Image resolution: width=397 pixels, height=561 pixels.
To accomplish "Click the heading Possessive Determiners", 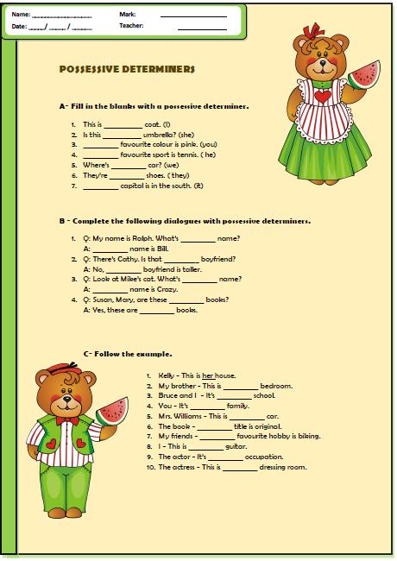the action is (x=126, y=68).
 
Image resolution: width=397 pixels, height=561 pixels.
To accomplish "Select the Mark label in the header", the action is (x=128, y=15).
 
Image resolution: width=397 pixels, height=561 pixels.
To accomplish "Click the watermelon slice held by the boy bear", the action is (x=110, y=410).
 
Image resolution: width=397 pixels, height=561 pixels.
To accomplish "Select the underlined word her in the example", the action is (x=208, y=375).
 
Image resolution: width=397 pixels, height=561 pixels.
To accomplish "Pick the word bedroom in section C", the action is (x=276, y=386).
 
